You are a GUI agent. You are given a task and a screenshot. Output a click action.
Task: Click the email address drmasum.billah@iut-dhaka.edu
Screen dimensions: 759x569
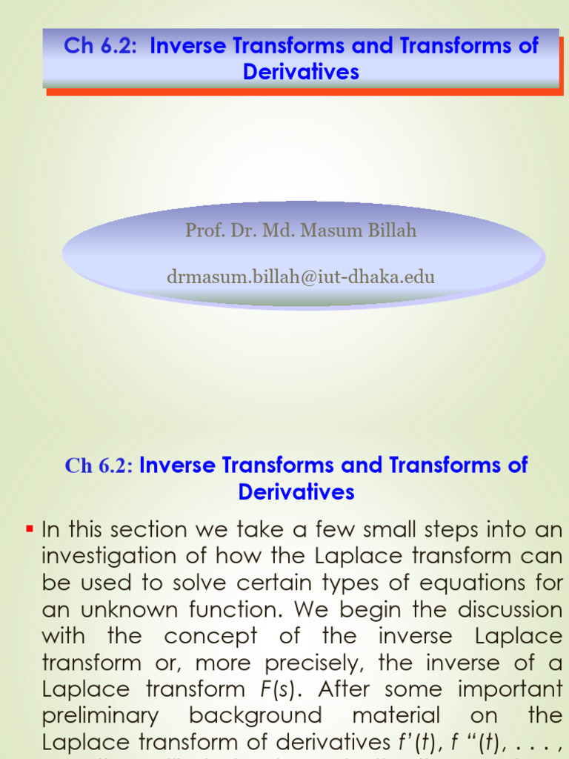pos(301,277)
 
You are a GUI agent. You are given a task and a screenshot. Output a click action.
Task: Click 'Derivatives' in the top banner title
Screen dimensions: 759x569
pos(301,72)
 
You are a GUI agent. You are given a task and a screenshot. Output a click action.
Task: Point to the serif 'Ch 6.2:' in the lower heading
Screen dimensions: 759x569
pos(99,465)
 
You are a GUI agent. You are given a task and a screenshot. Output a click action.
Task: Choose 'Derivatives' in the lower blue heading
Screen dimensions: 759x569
pos(296,491)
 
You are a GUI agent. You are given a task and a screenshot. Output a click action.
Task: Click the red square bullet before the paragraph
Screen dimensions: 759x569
pos(30,529)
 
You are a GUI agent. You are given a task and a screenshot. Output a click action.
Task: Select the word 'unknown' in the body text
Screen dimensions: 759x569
pos(116,610)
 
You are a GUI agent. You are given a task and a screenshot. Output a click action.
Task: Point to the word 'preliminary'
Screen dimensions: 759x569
pos(100,716)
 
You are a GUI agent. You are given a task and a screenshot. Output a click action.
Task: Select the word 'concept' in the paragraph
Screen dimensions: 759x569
pos(210,637)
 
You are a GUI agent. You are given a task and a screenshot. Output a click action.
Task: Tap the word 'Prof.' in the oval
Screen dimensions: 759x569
pos(204,231)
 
